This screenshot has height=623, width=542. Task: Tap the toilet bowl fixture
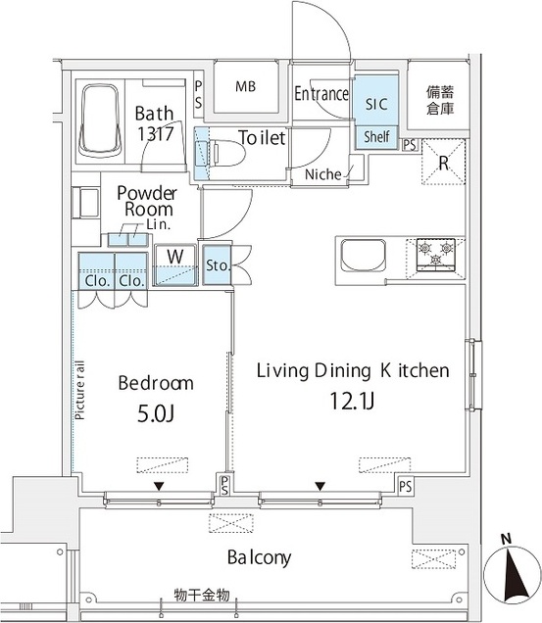coord(225,153)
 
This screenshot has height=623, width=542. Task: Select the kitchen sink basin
coord(364,256)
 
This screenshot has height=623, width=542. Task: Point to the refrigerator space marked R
coord(443,162)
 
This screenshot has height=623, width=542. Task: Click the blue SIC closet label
coord(375,104)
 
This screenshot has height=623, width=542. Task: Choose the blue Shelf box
coord(376,137)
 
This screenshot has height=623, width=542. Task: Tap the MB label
coord(245,86)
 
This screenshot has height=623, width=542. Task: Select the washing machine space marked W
coord(175,265)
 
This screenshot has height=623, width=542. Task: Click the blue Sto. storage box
coord(217,265)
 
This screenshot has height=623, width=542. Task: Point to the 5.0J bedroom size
coord(156,414)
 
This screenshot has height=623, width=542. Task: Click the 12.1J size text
coord(352,401)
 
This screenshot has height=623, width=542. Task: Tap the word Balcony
coord(259,557)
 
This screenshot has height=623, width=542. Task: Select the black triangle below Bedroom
coord(159,486)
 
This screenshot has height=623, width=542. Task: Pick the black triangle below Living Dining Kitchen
coord(320,486)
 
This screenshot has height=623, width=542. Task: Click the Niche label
coord(322,174)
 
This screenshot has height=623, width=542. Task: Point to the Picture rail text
coord(80,390)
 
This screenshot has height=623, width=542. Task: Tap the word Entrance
coord(321,94)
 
